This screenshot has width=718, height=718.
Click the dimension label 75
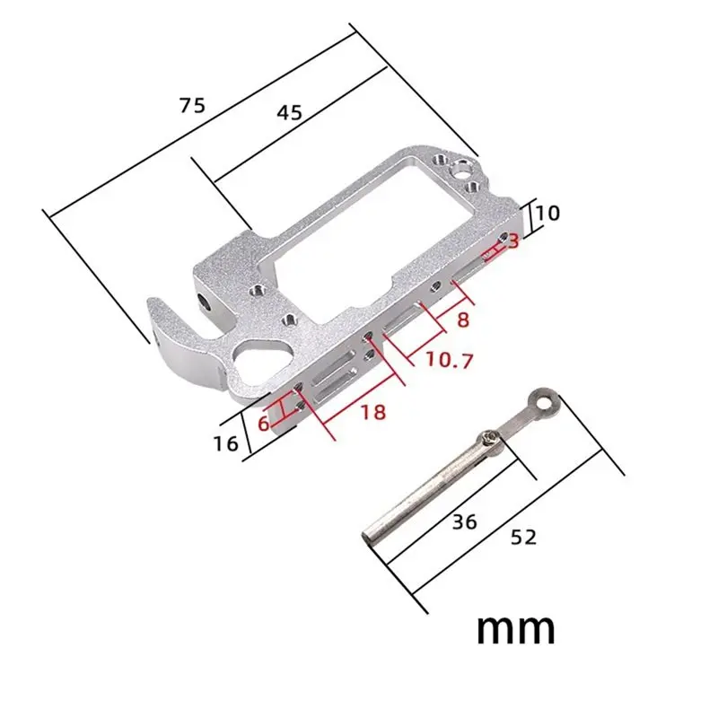pyautogui.click(x=192, y=106)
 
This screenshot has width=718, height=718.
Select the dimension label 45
pyautogui.click(x=289, y=113)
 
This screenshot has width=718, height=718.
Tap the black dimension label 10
pyautogui.click(x=547, y=214)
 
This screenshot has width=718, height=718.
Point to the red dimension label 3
pyautogui.click(x=513, y=241)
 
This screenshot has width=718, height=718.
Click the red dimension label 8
pyautogui.click(x=463, y=320)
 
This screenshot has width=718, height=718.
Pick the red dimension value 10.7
pyautogui.click(x=449, y=361)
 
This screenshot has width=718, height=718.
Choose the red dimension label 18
pyautogui.click(x=373, y=413)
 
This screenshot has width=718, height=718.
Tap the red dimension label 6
pyautogui.click(x=263, y=424)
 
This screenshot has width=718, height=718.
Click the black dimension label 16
pyautogui.click(x=226, y=443)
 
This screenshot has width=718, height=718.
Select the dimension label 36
pyautogui.click(x=464, y=522)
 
